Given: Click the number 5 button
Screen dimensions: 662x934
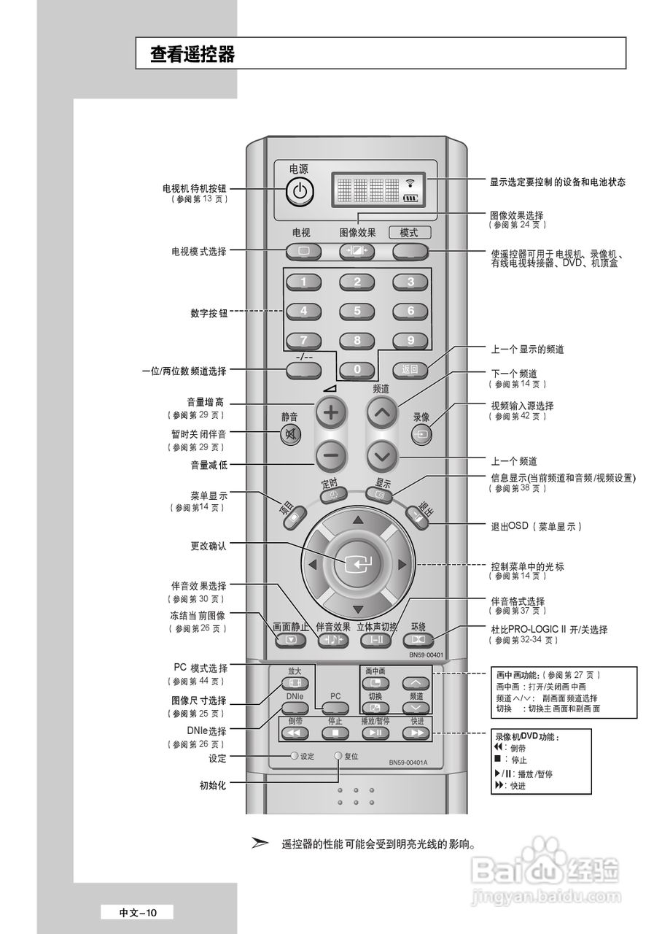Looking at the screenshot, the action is coord(357,311).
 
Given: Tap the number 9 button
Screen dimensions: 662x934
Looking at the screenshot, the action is coord(410,340).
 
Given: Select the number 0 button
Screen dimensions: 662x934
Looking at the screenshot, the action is coord(357,369).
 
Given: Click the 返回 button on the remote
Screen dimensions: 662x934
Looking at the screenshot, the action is coord(410,369).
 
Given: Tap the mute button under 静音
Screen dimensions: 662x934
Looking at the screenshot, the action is coord(290,436).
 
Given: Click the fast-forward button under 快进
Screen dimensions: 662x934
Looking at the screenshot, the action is coord(417,733).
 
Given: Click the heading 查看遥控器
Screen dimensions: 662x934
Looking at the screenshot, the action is coord(192,55).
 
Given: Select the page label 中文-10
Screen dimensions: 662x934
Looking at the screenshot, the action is coord(138,912).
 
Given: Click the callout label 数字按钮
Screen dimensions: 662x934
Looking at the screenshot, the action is coord(209,313).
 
